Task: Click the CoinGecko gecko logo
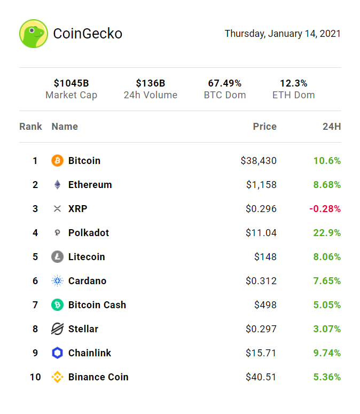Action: (x=34, y=34)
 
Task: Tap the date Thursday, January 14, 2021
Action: (x=283, y=34)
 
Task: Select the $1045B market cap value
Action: (x=71, y=83)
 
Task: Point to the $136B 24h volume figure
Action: (x=150, y=83)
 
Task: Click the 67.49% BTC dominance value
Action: (x=225, y=83)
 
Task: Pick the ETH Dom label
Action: (x=293, y=95)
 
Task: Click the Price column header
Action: (x=264, y=127)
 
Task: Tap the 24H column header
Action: (x=332, y=127)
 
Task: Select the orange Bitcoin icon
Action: (x=57, y=161)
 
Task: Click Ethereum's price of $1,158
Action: (x=261, y=185)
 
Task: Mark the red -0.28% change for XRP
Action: (x=325, y=209)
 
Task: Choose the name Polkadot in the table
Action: (x=89, y=233)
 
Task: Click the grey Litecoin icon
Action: (x=57, y=257)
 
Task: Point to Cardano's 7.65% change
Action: (x=327, y=281)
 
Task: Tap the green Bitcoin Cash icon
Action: (x=57, y=305)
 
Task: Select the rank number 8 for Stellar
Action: (x=35, y=329)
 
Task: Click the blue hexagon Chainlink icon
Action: (x=57, y=353)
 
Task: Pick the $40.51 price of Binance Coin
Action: (x=261, y=377)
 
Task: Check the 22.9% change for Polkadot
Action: (x=327, y=233)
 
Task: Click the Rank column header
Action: (x=30, y=127)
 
